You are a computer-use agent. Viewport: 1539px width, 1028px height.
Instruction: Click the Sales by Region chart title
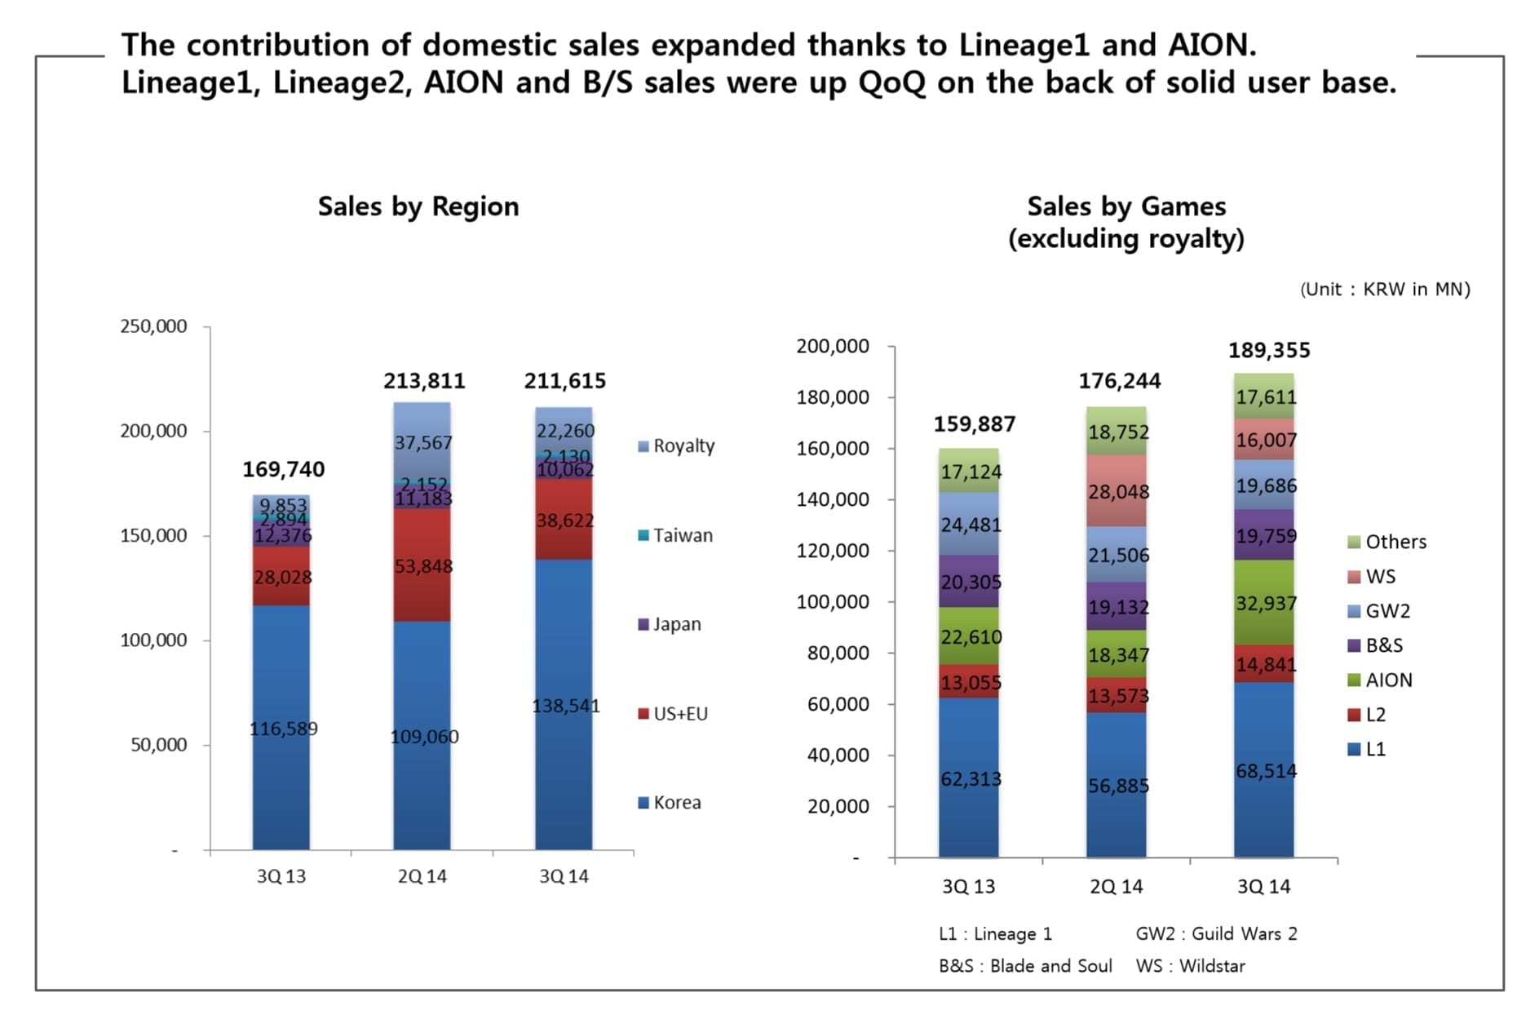pos(418,206)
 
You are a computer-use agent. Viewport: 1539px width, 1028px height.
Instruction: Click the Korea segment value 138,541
pos(565,706)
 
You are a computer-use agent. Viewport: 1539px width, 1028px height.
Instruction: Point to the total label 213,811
pos(424,381)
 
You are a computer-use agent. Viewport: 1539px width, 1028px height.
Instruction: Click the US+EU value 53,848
pos(423,566)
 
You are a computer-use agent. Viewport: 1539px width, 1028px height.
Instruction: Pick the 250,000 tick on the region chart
pos(153,326)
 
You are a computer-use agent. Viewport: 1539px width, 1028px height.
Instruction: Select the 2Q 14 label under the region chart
pos(422,876)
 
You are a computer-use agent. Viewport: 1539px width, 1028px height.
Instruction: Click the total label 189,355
pos(1269,350)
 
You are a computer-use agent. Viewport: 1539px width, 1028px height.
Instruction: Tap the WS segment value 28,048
pos(1118,492)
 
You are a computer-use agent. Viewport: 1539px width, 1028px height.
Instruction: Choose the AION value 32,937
pos(1266,604)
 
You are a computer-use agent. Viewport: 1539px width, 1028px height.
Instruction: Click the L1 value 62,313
pos(971,779)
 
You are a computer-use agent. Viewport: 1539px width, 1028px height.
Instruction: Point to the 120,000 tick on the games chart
pos(833,551)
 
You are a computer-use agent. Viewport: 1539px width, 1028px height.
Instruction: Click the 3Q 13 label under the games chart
pos(968,887)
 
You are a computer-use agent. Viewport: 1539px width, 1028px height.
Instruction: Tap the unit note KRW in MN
pos(1385,289)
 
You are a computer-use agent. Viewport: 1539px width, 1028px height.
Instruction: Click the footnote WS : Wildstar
pos(1190,966)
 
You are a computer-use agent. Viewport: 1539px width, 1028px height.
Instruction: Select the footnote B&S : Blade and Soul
pos(1025,966)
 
